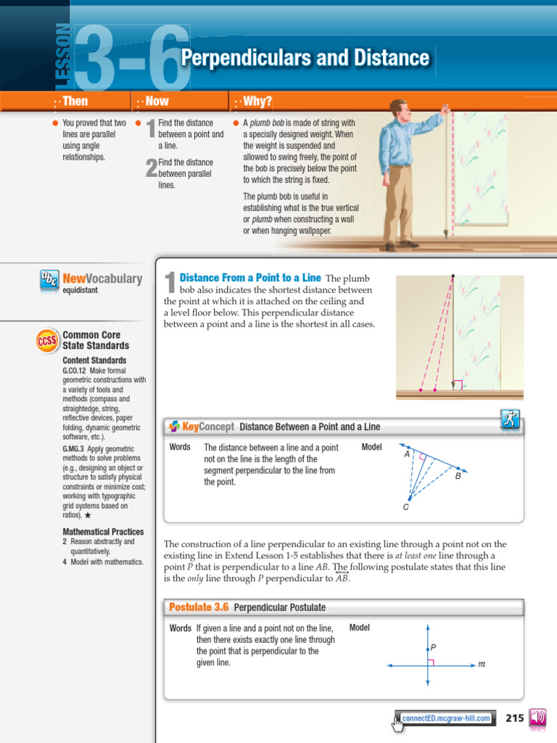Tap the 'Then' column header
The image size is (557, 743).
click(75, 102)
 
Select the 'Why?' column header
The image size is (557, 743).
click(258, 102)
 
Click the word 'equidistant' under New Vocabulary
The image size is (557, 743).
click(81, 290)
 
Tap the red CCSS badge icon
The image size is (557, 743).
click(47, 340)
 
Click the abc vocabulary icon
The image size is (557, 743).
click(49, 280)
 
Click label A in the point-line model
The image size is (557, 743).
click(407, 454)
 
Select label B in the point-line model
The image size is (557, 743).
click(458, 477)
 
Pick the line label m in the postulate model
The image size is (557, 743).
click(481, 664)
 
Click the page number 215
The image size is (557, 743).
click(514, 718)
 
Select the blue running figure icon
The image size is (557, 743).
click(511, 419)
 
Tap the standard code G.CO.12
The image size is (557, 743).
click(75, 371)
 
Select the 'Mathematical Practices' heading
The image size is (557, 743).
click(103, 532)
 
